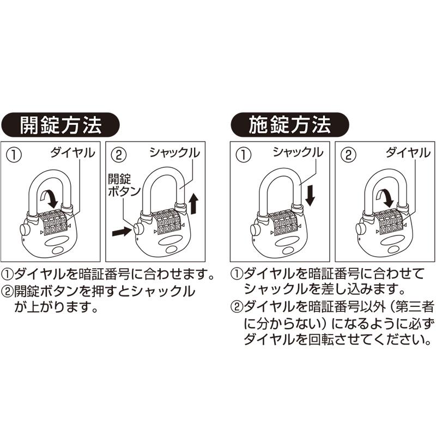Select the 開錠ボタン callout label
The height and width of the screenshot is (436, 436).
point(124,185)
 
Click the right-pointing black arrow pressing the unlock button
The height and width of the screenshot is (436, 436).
point(121,232)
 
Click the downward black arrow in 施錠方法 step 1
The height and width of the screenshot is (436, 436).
point(310,195)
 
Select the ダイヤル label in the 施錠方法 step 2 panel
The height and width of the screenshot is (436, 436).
point(408,153)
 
